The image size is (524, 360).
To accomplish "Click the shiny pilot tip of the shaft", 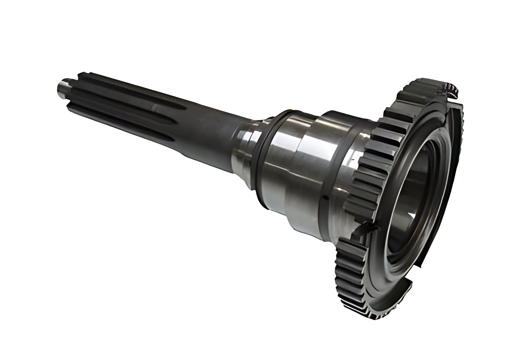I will click(x=62, y=89).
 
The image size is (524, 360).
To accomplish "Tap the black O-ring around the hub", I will click(x=265, y=159).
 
